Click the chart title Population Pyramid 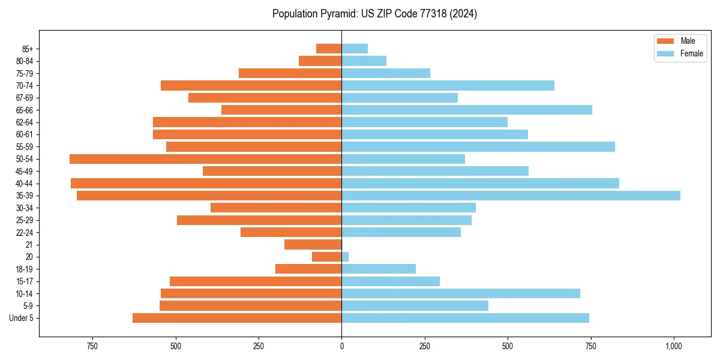tap(374, 14)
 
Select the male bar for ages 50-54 tap(205, 159)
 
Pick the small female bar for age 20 tap(345, 257)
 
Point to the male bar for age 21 tap(313, 245)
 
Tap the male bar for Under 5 tap(237, 318)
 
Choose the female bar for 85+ tap(355, 49)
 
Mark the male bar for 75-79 tap(290, 73)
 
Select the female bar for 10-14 tap(460, 293)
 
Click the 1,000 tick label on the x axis tap(674, 346)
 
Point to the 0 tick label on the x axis tap(341, 346)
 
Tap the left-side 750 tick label tap(92, 346)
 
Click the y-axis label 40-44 tap(25, 184)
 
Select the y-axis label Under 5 tap(22, 318)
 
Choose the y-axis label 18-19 tap(25, 269)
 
